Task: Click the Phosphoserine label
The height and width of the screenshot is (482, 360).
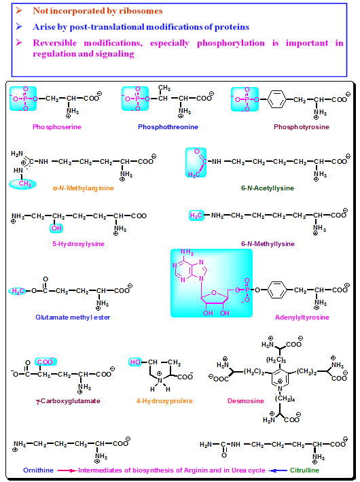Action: point(57,127)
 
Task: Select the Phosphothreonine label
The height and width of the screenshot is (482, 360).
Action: point(168,127)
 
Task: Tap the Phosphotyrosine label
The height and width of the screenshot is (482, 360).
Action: point(302,127)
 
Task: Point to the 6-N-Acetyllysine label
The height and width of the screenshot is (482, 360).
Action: point(268,188)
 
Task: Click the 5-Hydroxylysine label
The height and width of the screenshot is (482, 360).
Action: point(78,244)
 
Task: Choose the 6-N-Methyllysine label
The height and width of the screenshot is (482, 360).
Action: point(268,244)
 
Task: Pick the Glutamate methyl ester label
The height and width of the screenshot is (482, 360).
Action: point(73,317)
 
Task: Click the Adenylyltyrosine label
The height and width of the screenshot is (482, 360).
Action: point(302,317)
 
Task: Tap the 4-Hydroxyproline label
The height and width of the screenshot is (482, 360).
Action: point(164,401)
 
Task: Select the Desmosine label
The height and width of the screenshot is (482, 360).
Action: point(246,401)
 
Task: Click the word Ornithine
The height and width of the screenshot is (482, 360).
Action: point(39,470)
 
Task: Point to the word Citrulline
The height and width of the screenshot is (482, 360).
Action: point(304,470)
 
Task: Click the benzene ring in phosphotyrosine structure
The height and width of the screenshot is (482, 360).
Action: point(276,99)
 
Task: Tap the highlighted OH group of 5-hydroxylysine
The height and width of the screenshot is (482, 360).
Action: point(56,228)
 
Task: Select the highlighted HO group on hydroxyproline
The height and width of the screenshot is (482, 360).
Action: point(135,362)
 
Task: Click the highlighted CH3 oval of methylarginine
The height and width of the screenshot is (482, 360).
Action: point(23,184)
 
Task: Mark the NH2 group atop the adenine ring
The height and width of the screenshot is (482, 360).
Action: point(187,252)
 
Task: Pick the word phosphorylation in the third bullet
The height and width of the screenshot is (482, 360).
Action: point(231,44)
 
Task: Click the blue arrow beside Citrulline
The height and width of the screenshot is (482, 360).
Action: point(278,470)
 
